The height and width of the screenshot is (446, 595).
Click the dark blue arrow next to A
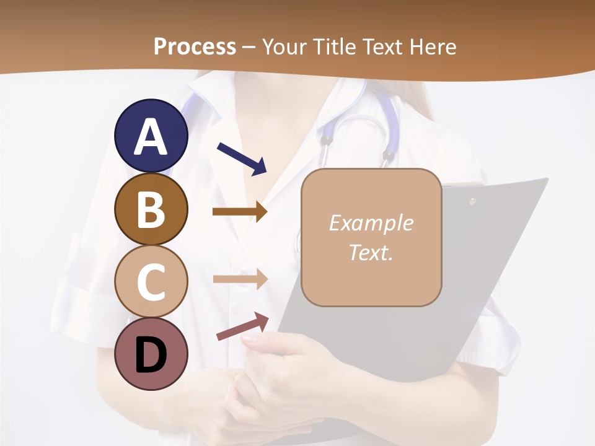coord(242,158)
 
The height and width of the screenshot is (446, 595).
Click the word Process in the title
coord(195,47)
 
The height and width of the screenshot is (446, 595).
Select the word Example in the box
coord(371,223)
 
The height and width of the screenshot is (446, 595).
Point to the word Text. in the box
coord(371,252)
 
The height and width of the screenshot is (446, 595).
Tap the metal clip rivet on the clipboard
coord(472,201)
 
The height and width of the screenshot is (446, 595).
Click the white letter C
coord(151,282)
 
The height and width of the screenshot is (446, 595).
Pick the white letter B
coord(151,209)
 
